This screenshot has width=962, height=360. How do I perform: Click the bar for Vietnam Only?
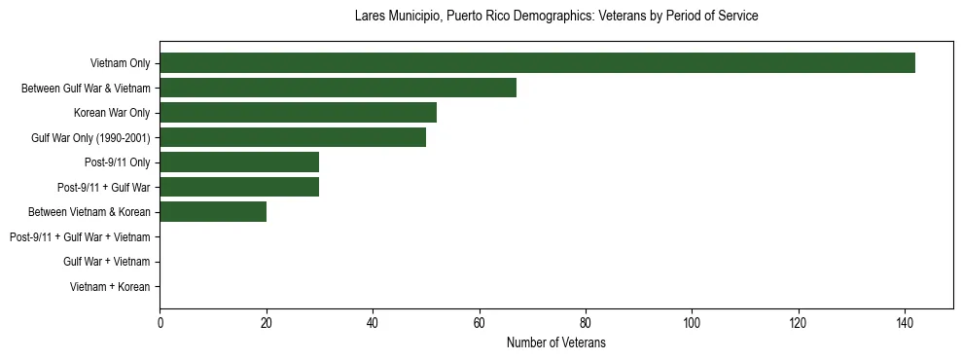[x=537, y=63]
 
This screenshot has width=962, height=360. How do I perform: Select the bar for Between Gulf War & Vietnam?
[x=338, y=88]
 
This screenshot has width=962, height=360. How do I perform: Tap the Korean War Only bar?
[x=298, y=113]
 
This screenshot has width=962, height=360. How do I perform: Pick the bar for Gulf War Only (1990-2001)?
[x=293, y=137]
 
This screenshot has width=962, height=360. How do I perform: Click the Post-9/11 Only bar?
[x=239, y=162]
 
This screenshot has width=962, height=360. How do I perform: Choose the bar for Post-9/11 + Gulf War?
[x=239, y=187]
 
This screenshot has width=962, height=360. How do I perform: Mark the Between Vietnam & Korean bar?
[x=213, y=212]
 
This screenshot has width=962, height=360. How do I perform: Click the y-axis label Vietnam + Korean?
[x=110, y=287]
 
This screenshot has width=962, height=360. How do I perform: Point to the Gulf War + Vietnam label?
[x=106, y=262]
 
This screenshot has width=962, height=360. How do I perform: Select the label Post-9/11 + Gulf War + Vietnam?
[x=80, y=237]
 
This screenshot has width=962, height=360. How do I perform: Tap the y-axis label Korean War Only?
[x=112, y=113]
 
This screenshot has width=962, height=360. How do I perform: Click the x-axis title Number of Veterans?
[x=556, y=342]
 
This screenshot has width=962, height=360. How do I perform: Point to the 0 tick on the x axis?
[x=160, y=323]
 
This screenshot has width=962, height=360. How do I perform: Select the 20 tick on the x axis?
[x=267, y=323]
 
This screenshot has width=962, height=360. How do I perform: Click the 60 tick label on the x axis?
[x=479, y=323]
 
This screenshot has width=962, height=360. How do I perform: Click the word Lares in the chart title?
[x=372, y=17]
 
